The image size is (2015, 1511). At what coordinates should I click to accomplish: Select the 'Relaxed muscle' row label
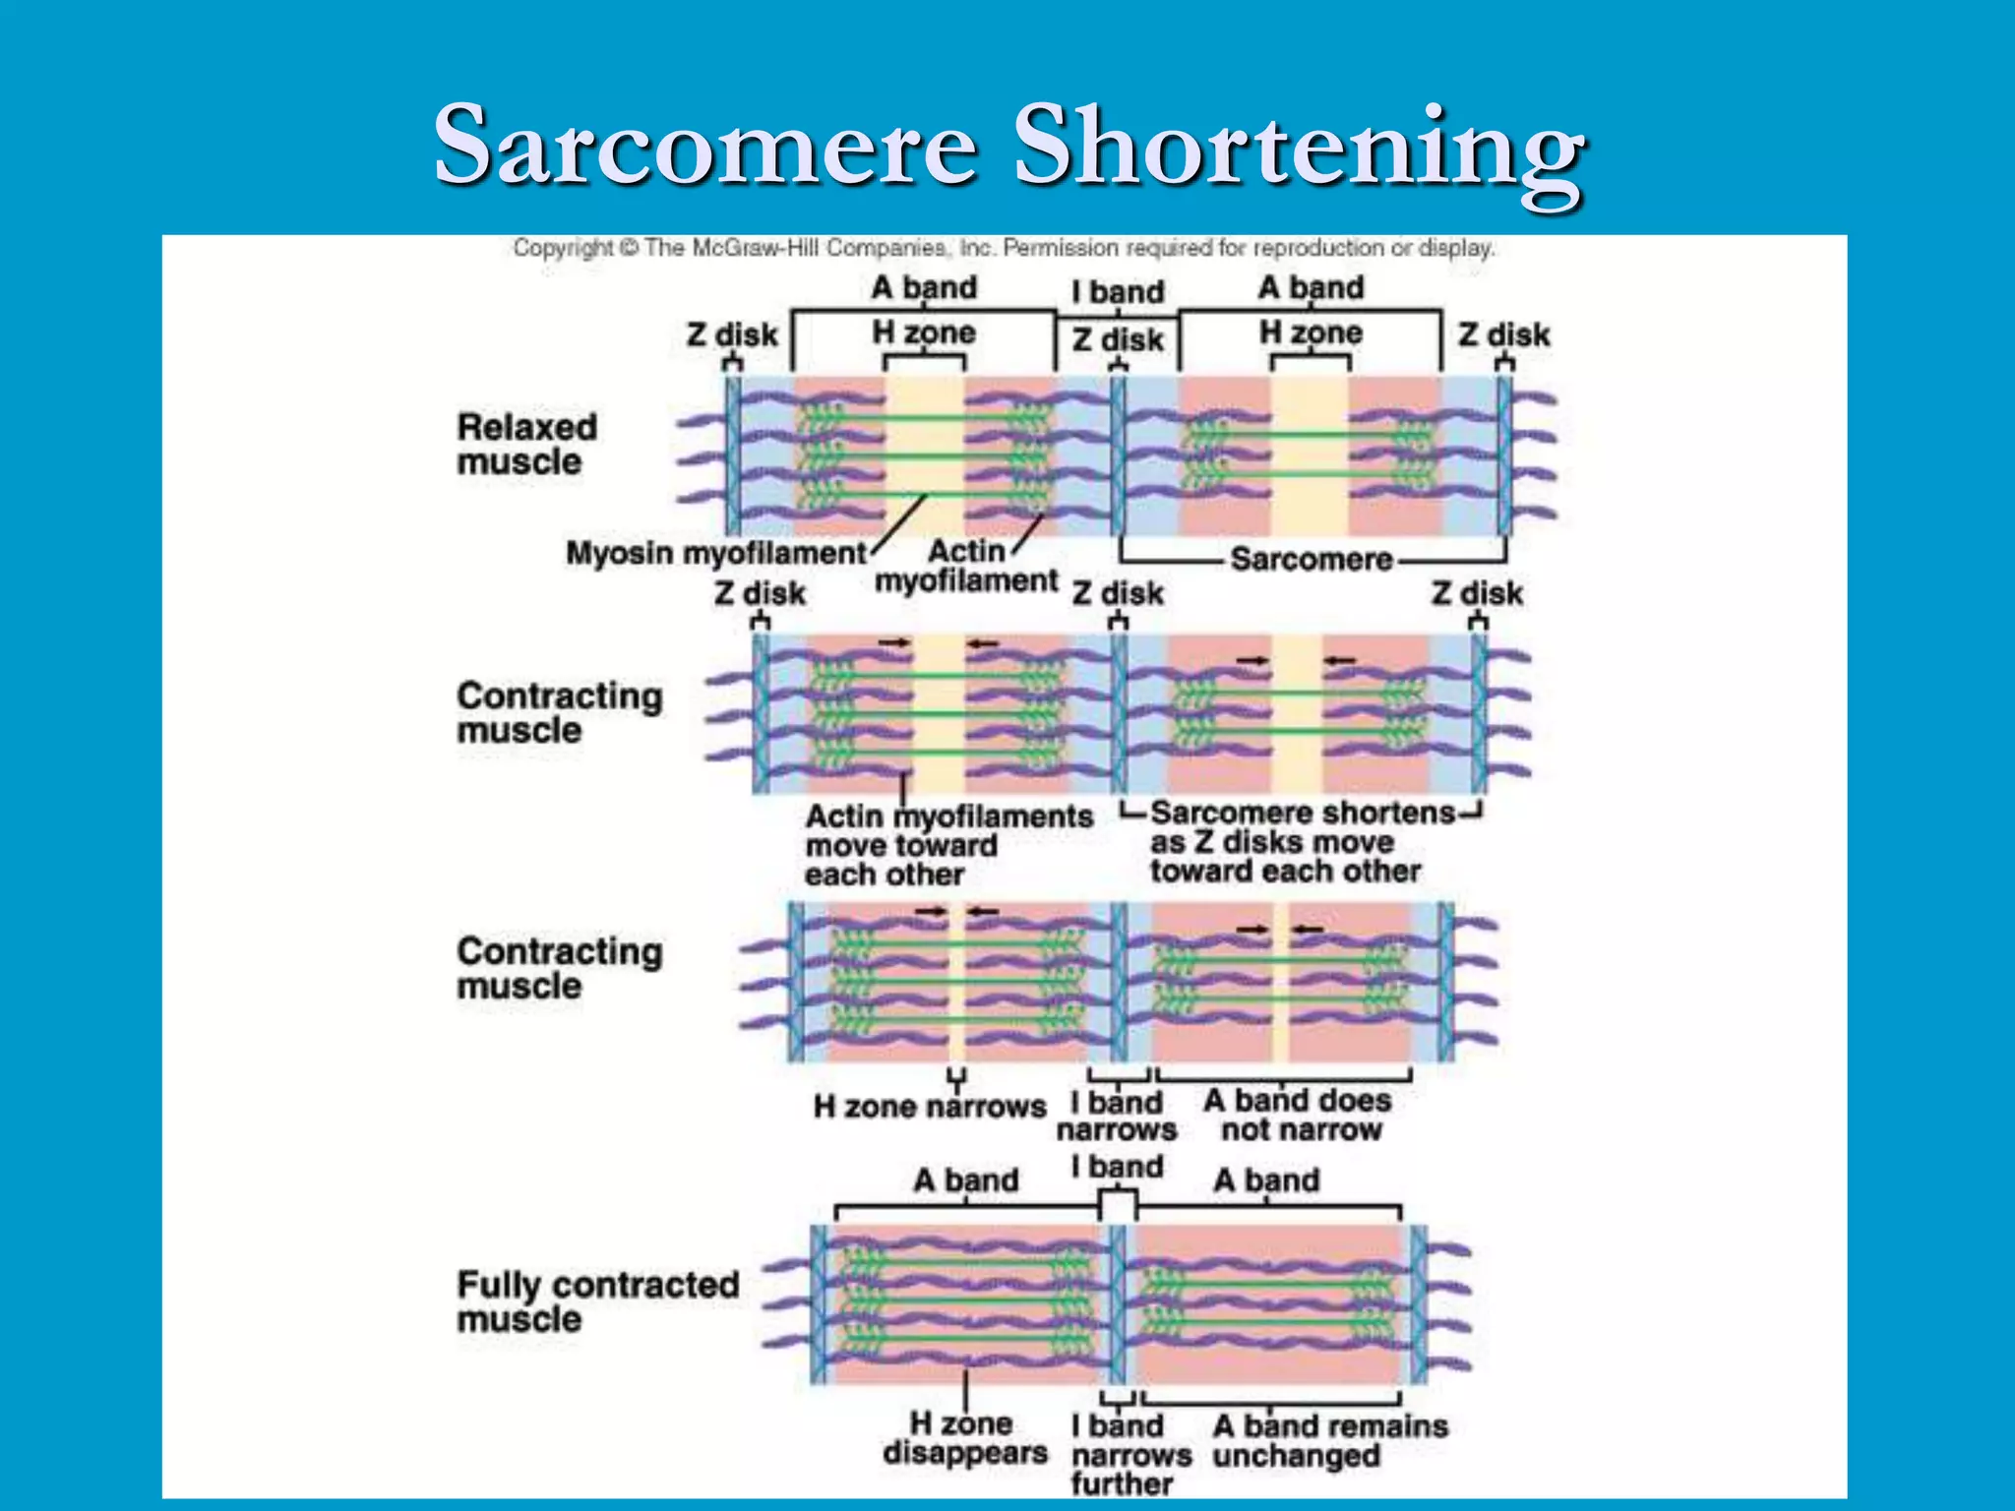[x=526, y=445]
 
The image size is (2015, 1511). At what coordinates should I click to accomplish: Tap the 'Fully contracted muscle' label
[x=597, y=1300]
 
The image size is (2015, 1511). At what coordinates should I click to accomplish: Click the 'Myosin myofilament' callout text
[x=715, y=553]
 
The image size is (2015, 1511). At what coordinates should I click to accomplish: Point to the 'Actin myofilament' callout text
[x=966, y=566]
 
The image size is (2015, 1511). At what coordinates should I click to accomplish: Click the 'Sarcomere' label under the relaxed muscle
[x=1311, y=559]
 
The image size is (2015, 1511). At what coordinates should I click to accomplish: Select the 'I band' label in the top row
[x=1117, y=292]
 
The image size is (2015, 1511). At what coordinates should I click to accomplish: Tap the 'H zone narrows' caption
[x=929, y=1107]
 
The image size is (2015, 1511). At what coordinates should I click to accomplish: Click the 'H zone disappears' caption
[x=964, y=1437]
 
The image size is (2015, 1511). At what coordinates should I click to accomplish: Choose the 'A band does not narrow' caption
[x=1299, y=1115]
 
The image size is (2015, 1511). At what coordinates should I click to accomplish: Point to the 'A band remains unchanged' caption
[x=1329, y=1440]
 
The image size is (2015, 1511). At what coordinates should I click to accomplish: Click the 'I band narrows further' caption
[x=1130, y=1454]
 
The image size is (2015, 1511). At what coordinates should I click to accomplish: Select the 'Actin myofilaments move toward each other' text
[x=948, y=845]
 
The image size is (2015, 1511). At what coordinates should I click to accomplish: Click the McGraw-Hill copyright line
[x=1004, y=248]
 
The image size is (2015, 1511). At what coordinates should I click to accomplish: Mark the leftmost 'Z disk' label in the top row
[x=732, y=334]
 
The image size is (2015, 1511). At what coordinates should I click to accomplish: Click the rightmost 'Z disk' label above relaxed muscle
[x=1503, y=334]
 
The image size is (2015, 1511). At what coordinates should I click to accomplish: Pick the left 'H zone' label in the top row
[x=924, y=332]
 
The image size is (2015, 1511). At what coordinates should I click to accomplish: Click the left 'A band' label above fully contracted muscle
[x=965, y=1179]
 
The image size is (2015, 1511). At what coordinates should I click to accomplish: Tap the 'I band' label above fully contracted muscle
[x=1117, y=1167]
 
